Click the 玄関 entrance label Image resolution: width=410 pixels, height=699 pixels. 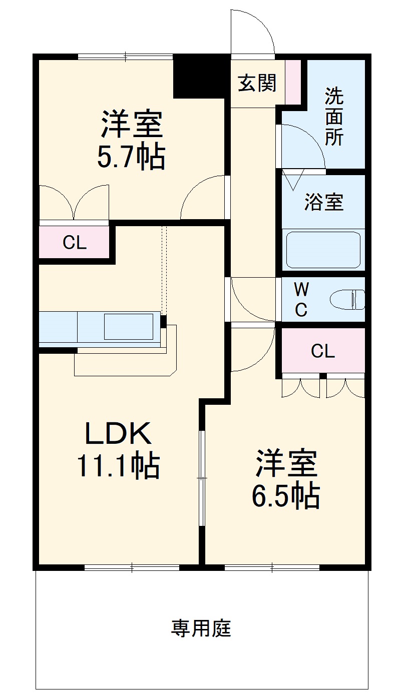[257, 83]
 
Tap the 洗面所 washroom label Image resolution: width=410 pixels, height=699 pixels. [334, 117]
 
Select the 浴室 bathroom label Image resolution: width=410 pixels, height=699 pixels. [324, 202]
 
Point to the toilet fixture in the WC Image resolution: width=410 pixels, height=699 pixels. [347, 300]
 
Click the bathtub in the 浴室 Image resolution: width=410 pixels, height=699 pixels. [323, 250]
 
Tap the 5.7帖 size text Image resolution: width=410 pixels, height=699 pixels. [131, 156]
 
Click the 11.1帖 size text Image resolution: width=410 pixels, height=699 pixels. [118, 466]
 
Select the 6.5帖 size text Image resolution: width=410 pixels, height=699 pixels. [285, 496]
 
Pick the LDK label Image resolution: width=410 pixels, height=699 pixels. [118, 433]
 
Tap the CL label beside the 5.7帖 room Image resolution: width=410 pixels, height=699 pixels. [74, 242]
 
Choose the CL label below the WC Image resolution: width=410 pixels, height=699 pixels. [322, 351]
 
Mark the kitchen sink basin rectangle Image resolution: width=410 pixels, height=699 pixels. [129, 327]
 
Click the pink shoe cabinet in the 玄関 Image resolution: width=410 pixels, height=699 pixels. [293, 82]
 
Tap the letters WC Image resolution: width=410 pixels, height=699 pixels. [301, 300]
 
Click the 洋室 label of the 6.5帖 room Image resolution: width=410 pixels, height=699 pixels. [286, 463]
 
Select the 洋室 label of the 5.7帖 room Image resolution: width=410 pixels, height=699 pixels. [132, 124]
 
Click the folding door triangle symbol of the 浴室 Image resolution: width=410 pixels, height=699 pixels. [293, 180]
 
